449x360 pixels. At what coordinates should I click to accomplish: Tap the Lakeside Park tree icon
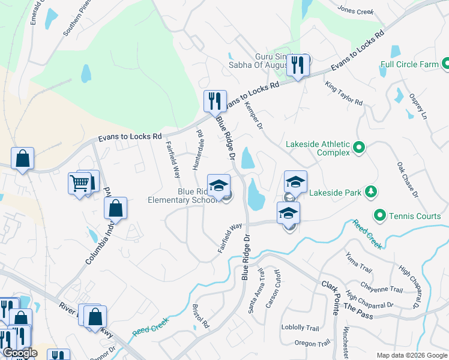coord(372,192)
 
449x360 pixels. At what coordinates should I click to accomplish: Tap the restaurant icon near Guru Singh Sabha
coord(298,64)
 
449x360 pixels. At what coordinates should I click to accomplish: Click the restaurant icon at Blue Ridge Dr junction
coord(214,100)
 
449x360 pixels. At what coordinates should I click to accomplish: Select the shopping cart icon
coord(80,183)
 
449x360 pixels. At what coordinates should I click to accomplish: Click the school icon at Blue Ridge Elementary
coord(218,184)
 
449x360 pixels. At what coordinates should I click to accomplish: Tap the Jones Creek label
coord(355,11)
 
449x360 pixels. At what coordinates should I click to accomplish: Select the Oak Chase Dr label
coord(406,179)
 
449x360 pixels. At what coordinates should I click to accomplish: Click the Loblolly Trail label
coord(300,328)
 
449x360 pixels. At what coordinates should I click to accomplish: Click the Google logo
coord(19,353)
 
